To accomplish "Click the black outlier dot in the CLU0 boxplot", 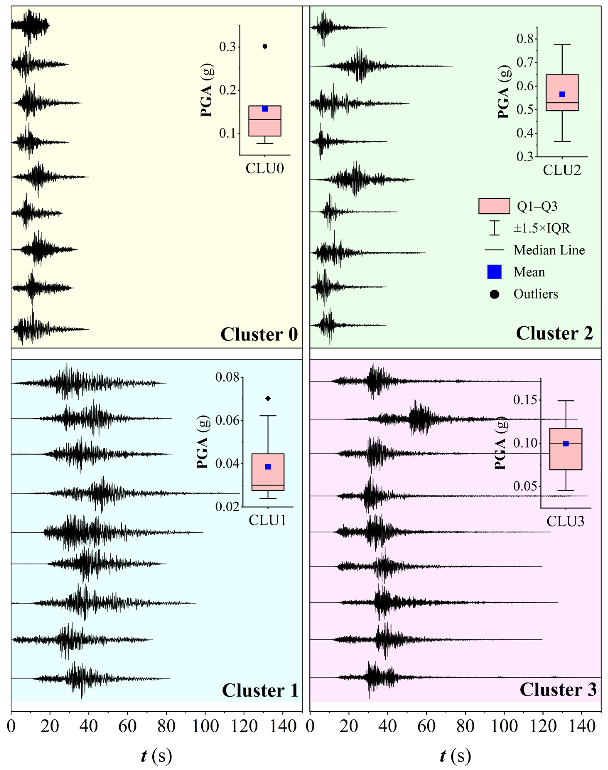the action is [x=265, y=46].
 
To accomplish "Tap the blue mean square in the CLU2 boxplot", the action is [x=562, y=94].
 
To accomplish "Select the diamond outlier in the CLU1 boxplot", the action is [x=268, y=398].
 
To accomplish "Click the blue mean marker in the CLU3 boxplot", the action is [x=566, y=443].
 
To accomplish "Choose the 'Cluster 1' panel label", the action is [x=260, y=690].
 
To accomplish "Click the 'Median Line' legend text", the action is [x=549, y=250].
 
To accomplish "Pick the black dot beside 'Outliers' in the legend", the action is [x=494, y=294].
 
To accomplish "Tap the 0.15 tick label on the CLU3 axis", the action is [x=525, y=400].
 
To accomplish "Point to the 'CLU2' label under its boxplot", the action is [x=562, y=170].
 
